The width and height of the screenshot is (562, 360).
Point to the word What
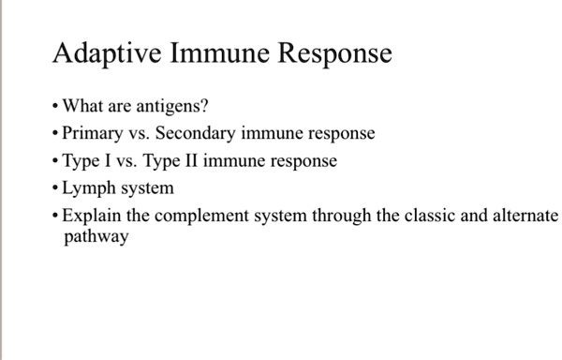click(82, 105)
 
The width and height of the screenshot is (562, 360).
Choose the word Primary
click(92, 133)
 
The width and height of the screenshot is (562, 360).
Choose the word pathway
click(96, 238)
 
